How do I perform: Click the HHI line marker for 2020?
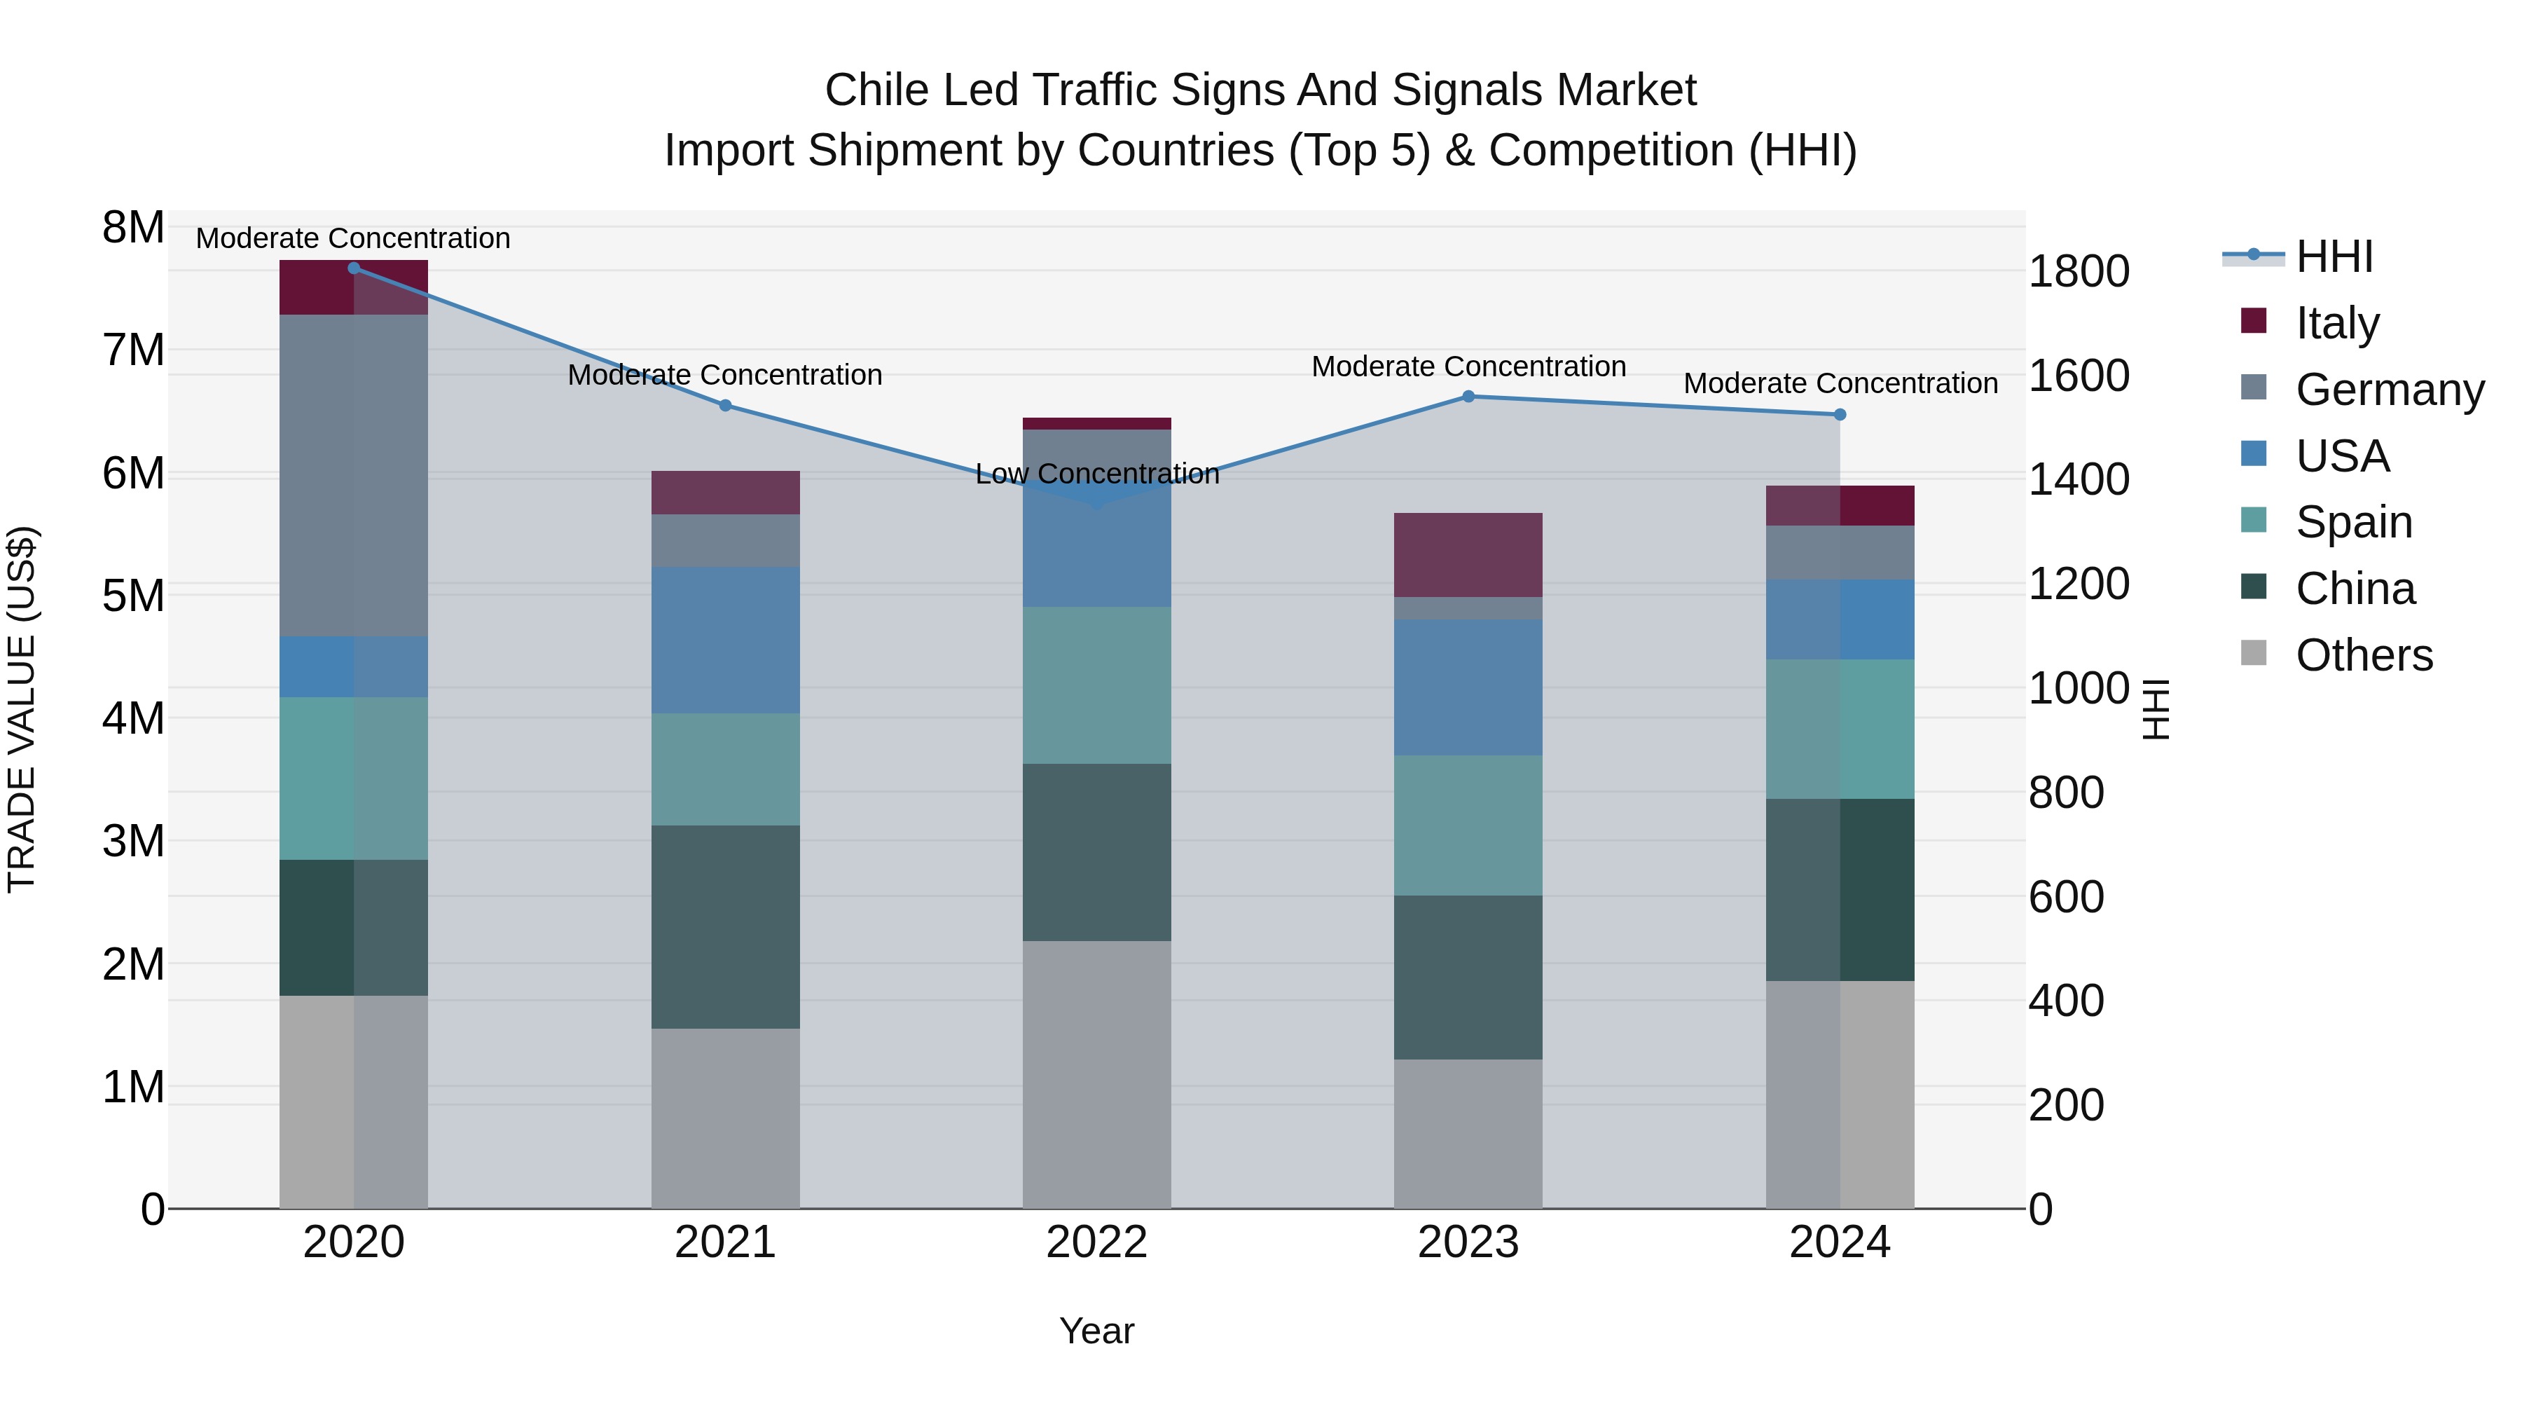354,268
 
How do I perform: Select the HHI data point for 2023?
1468,397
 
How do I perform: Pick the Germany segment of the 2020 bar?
354,475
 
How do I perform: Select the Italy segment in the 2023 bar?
1468,554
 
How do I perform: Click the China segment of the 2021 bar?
726,926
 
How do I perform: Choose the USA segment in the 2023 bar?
1468,687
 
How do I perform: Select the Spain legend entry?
2352,522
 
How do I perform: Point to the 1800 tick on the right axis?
2078,271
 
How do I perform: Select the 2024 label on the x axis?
1839,1242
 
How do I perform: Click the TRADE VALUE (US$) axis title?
22,709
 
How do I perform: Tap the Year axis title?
1096,1331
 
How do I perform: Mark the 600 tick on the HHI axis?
2066,897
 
